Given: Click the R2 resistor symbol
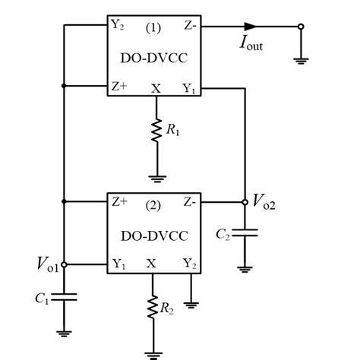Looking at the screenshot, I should point(155,309).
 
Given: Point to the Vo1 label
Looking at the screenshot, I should point(48,265).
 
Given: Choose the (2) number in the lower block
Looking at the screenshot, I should point(156,203).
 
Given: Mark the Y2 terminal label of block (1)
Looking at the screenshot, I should point(117,25).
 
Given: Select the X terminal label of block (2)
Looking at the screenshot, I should point(155,264).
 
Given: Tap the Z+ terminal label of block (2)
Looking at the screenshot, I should point(119,203).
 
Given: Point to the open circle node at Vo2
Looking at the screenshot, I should point(245,202).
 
